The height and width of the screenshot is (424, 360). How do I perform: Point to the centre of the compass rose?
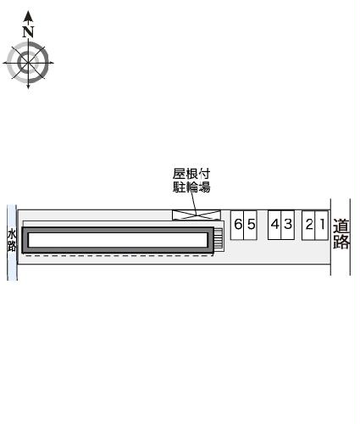29,62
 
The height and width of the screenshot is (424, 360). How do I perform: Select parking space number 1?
322,225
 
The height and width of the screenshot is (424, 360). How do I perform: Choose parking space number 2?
310,225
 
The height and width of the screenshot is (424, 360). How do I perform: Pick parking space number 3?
287,225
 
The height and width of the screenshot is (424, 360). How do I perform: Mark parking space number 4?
275,225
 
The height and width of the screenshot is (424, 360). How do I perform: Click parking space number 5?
252,225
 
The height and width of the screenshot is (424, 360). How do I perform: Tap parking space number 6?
239,225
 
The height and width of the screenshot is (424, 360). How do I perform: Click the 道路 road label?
341,235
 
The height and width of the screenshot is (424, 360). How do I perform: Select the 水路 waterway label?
12,241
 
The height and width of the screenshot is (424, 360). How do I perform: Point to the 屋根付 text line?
191,174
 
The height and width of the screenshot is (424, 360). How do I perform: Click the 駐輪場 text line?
191,187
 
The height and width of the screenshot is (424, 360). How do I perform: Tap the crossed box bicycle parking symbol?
194,214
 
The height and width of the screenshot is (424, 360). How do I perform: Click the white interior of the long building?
119,240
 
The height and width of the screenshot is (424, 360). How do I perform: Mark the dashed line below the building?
119,255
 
